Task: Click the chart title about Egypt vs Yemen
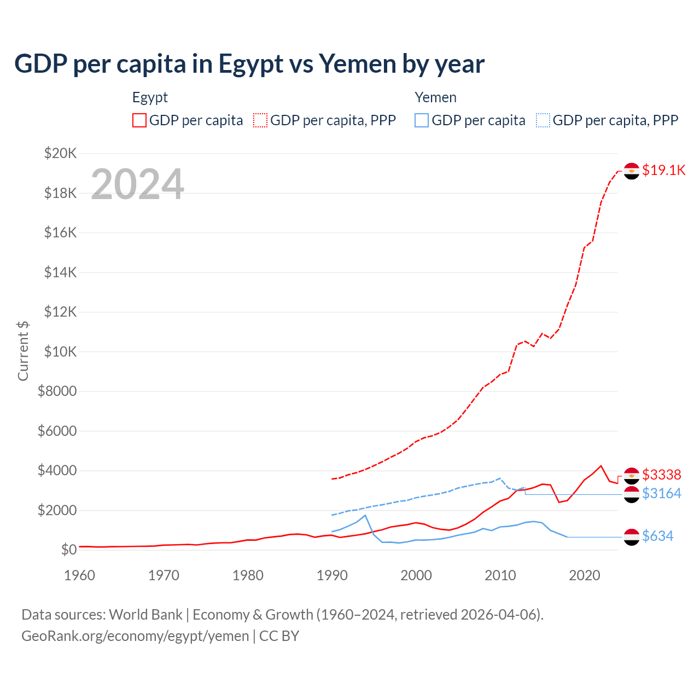[x=249, y=64]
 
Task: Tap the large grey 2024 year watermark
[x=137, y=184]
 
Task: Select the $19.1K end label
[x=663, y=170]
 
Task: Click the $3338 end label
[x=661, y=474]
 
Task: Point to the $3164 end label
[x=661, y=493]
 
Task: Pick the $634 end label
[x=657, y=536]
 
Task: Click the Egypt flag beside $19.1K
[x=632, y=171]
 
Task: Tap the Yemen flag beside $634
[x=632, y=536]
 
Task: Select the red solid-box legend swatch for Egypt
[x=139, y=120]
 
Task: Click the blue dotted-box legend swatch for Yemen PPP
[x=543, y=120]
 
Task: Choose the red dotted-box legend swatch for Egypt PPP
[x=260, y=120]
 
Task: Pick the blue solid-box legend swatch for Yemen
[x=422, y=120]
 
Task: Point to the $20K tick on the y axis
[x=60, y=153]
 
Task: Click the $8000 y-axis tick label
[x=57, y=391]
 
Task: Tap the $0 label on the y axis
[x=68, y=550]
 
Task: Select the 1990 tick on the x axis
[x=332, y=575]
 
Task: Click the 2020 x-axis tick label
[x=585, y=575]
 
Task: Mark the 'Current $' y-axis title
[x=23, y=351]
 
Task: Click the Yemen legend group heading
[x=435, y=97]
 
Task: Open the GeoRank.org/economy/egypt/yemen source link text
[x=135, y=636]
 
